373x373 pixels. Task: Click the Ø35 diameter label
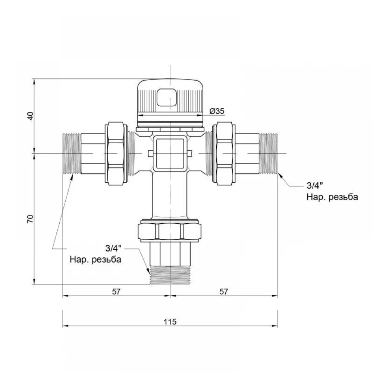(x=217, y=111)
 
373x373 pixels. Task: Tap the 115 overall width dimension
(x=170, y=322)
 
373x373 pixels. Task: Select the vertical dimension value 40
(x=31, y=116)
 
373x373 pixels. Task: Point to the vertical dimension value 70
(x=31, y=219)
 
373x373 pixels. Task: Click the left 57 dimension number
(x=116, y=291)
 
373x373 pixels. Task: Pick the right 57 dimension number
(x=223, y=291)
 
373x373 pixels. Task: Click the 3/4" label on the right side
(x=315, y=185)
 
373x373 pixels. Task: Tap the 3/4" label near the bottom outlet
(x=113, y=248)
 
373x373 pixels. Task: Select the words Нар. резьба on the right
(x=332, y=197)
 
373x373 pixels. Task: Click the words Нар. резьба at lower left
(x=95, y=259)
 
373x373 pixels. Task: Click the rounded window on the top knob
(x=167, y=97)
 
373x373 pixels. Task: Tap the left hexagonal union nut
(x=116, y=153)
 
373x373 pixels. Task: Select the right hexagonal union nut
(x=224, y=153)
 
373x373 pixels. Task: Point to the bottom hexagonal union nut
(x=170, y=231)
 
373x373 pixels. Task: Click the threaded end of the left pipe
(x=72, y=153)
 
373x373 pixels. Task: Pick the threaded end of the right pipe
(x=269, y=153)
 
